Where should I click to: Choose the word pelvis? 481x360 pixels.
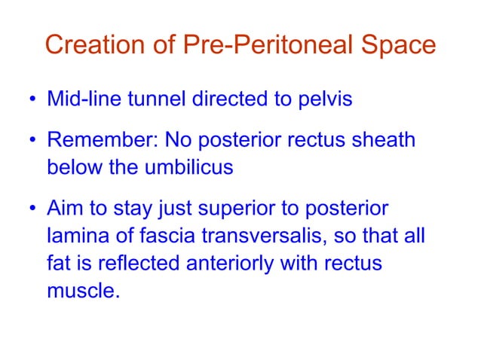(x=325, y=99)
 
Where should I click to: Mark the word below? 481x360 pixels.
(x=71, y=167)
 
